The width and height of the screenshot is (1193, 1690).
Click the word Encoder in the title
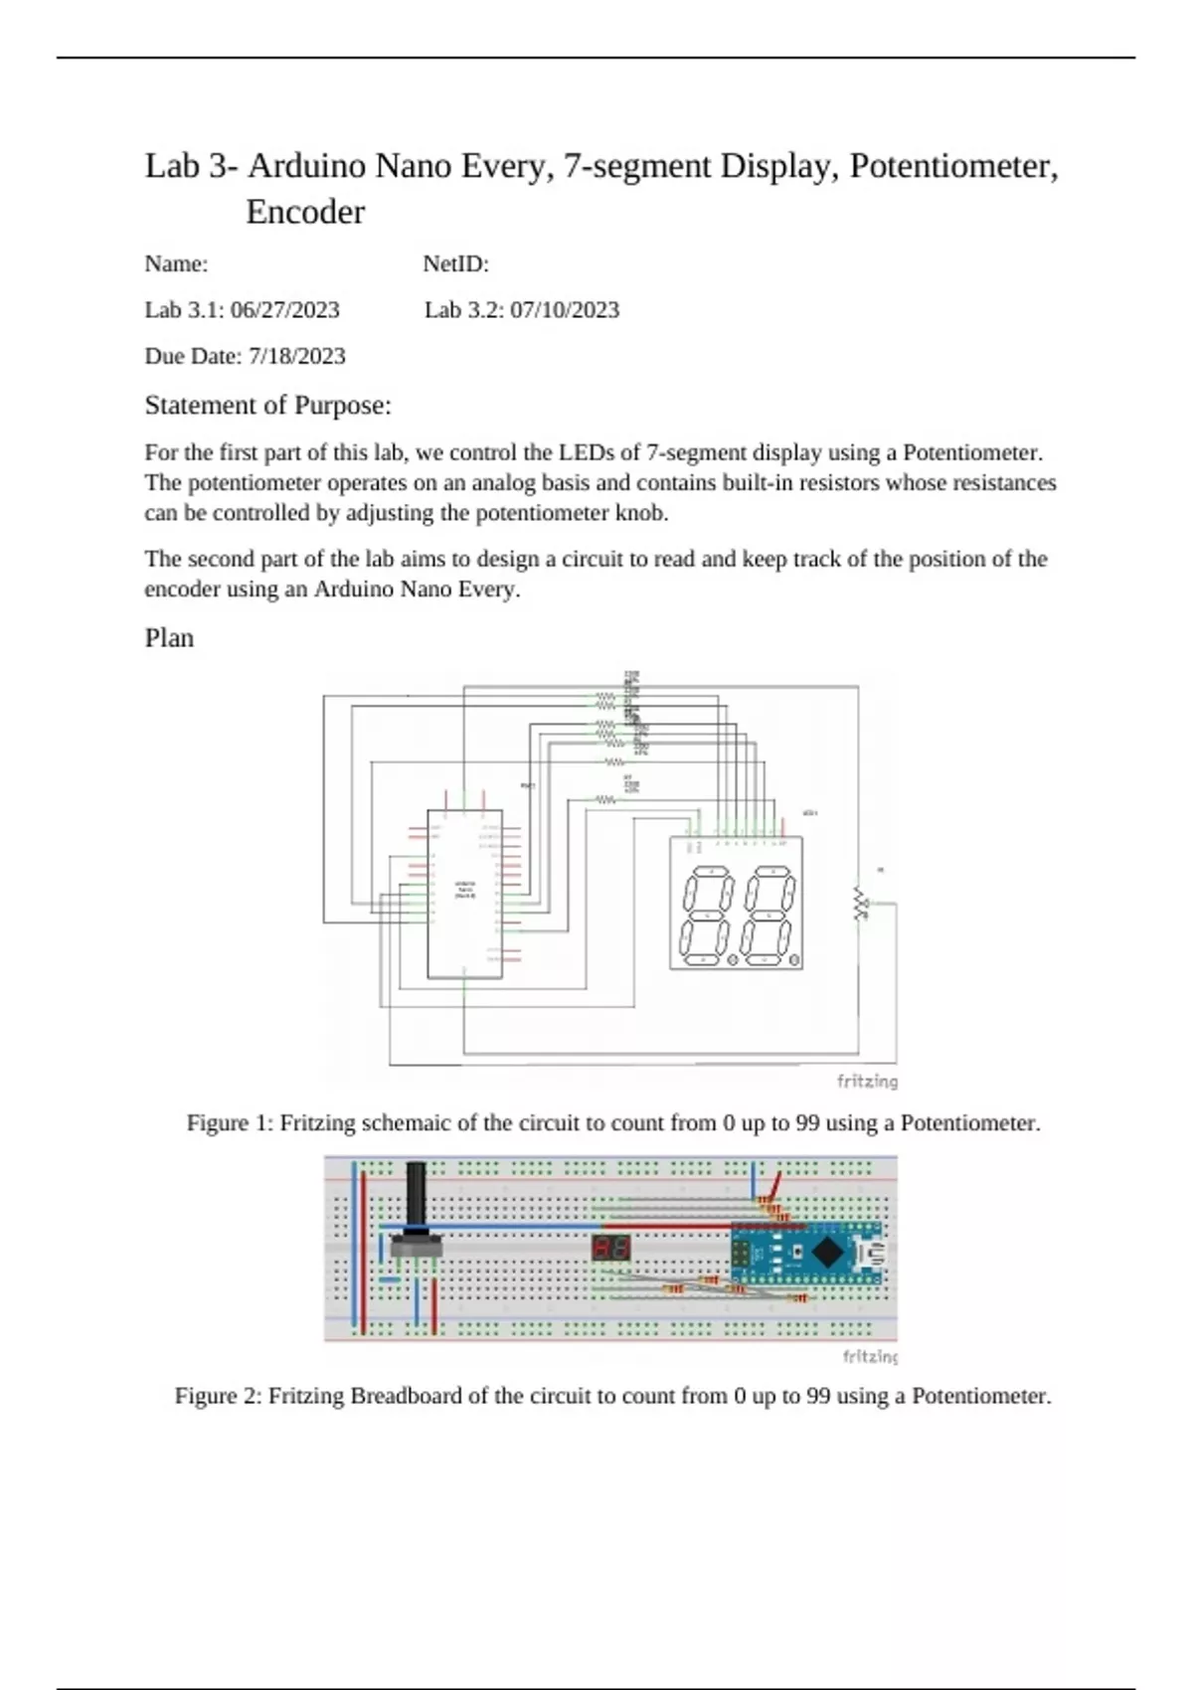[305, 212]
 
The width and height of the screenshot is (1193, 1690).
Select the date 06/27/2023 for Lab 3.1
[284, 310]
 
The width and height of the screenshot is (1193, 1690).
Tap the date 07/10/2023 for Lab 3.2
[565, 310]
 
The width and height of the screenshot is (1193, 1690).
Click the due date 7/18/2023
[296, 356]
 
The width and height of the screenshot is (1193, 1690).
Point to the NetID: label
[455, 264]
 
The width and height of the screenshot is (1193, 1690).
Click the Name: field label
[176, 264]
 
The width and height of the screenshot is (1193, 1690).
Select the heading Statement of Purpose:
[267, 406]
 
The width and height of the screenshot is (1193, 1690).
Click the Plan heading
[169, 638]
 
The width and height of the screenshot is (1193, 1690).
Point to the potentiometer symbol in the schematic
[861, 904]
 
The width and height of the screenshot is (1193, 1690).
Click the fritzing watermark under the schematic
[867, 1082]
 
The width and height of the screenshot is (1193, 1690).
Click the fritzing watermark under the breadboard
[869, 1356]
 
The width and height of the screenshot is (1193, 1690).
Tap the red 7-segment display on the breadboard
[610, 1249]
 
